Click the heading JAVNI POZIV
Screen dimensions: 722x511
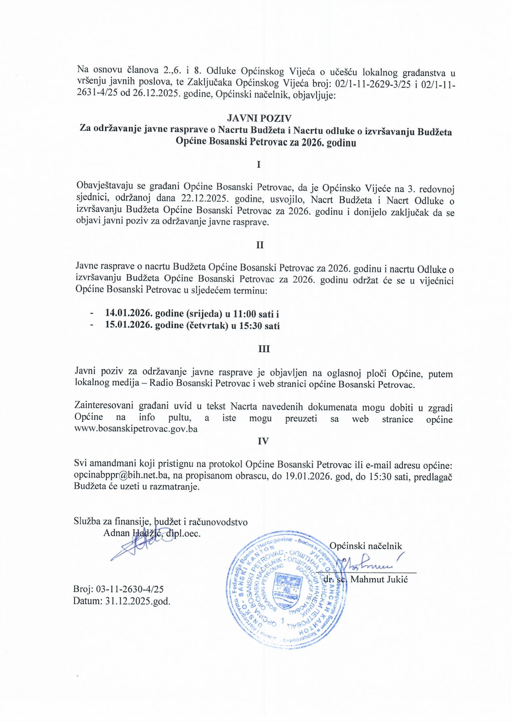(x=259, y=118)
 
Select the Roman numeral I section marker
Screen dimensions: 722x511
(x=259, y=165)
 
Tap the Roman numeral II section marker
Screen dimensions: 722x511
(x=260, y=245)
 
